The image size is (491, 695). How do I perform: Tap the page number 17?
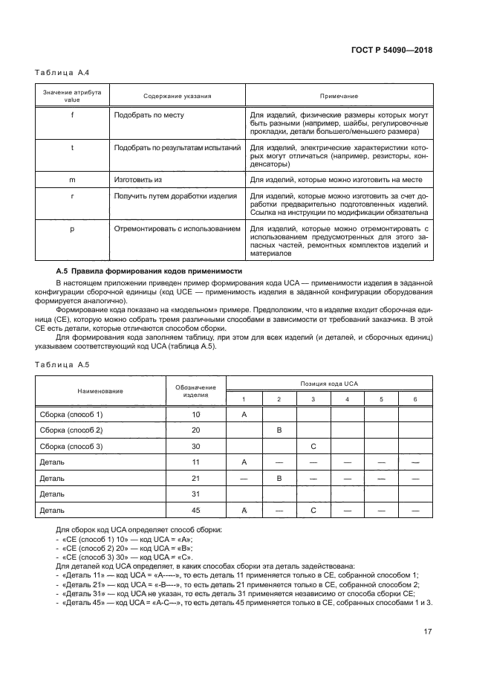click(x=428, y=633)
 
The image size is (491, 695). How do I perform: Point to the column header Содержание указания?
click(x=177, y=96)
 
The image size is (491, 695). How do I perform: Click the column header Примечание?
click(x=339, y=96)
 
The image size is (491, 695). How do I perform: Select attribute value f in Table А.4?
click(x=72, y=115)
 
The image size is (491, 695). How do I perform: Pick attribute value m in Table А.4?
click(x=72, y=180)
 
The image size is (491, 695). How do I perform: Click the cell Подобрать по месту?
click(x=149, y=115)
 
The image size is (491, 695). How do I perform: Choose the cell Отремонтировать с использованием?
click(x=177, y=229)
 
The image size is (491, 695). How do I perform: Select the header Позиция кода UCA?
click(x=329, y=384)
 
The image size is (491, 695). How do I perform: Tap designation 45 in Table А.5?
click(x=196, y=511)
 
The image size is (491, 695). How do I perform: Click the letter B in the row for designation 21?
click(x=279, y=478)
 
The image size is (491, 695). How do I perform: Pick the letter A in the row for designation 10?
click(x=244, y=413)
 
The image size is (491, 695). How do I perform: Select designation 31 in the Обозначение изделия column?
click(x=196, y=494)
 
